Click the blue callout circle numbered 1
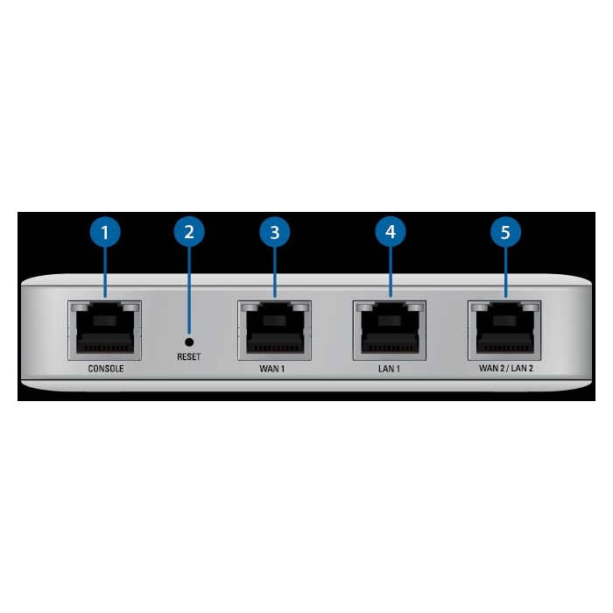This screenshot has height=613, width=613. (105, 232)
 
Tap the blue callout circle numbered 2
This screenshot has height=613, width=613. (189, 231)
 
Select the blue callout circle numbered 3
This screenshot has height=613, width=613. (275, 232)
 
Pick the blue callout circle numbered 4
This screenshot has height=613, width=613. (391, 232)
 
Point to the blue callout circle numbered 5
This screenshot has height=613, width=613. (505, 232)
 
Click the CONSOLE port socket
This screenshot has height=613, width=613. (104, 331)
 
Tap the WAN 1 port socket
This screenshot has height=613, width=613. (275, 331)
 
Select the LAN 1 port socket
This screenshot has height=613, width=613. (390, 331)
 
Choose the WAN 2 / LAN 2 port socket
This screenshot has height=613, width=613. (504, 331)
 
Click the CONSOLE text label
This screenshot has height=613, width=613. (106, 369)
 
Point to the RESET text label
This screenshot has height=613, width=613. (189, 356)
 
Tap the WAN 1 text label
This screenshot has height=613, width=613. (272, 369)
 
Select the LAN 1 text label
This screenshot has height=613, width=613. (389, 369)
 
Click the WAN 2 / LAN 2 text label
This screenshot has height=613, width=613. (506, 369)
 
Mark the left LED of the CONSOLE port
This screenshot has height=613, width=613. (81, 307)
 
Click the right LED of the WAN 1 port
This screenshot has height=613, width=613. (300, 307)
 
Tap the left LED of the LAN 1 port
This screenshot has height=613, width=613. (365, 307)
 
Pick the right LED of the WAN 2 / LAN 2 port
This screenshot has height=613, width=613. (531, 307)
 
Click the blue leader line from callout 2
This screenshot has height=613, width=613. (189, 290)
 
